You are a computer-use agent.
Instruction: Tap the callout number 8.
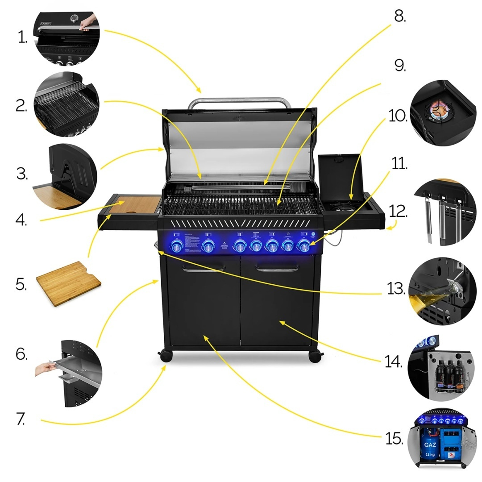pyautogui.click(x=399, y=17)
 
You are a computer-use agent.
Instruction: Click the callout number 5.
pyautogui.click(x=21, y=284)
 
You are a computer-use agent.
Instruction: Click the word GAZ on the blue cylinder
pyautogui.click(x=430, y=445)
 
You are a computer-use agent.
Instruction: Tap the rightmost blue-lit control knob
pyautogui.click(x=304, y=246)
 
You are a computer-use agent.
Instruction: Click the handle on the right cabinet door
pyautogui.click(x=277, y=269)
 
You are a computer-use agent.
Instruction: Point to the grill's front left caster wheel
pyautogui.click(x=166, y=356)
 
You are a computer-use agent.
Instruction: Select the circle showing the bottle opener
pyautogui.click(x=436, y=291)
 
